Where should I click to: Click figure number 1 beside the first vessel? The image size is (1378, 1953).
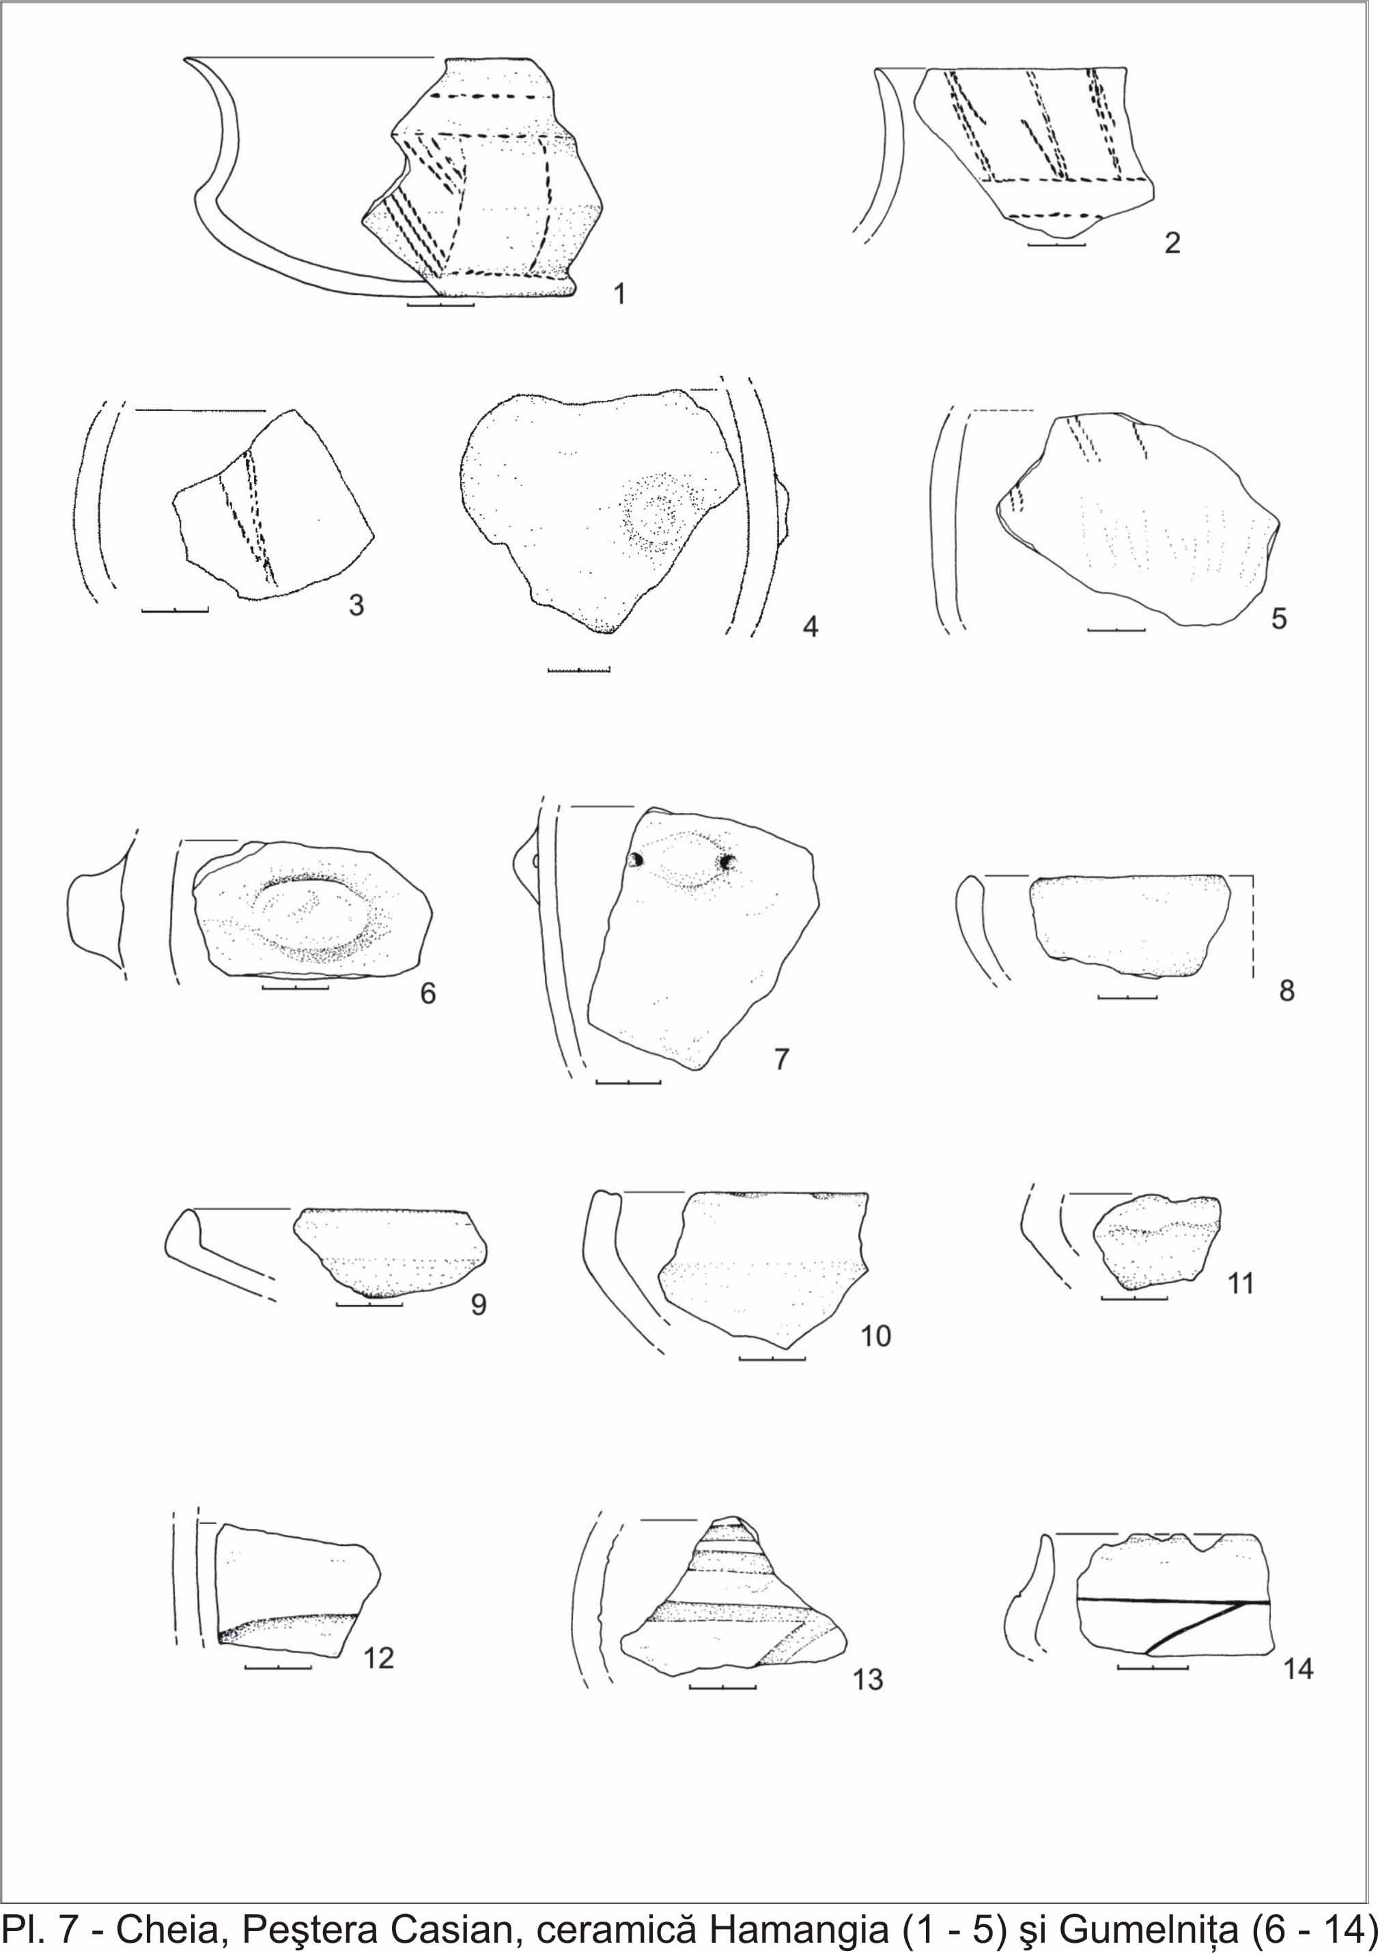[x=619, y=294]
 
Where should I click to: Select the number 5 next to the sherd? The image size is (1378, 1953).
[x=1280, y=619]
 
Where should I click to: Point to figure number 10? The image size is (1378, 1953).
[x=875, y=1336]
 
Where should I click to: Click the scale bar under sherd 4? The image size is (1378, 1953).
[x=579, y=671]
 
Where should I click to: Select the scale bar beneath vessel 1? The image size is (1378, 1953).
[x=440, y=304]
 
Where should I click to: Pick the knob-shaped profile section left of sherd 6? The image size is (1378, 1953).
[x=96, y=914]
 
